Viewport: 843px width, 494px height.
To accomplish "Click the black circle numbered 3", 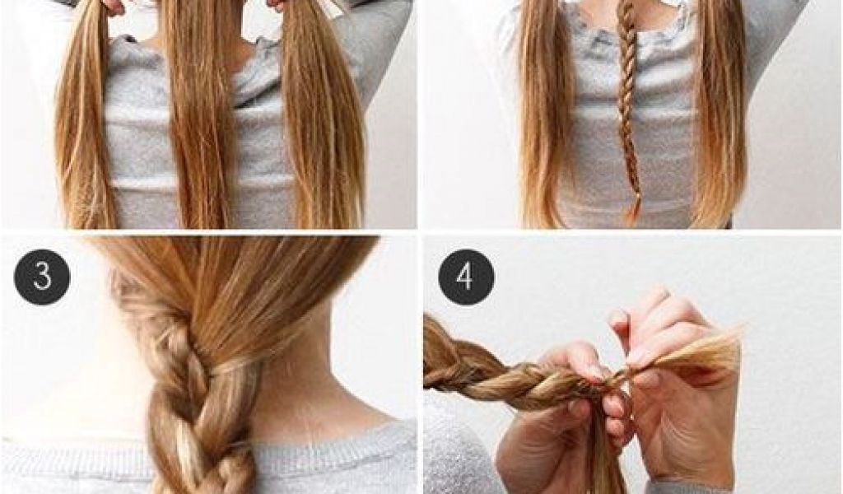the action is [42, 277].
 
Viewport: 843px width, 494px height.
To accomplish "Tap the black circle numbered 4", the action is [466, 277].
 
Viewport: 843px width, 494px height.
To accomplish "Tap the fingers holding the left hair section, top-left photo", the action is [110, 7].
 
